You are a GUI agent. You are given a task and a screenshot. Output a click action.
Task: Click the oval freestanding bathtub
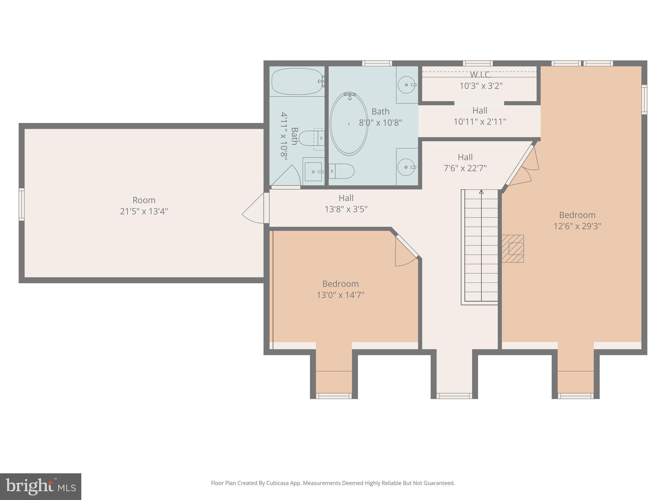click(349, 124)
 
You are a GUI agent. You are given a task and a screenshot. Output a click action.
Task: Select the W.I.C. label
click(481, 75)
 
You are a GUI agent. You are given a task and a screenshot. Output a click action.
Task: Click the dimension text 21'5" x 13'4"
click(144, 212)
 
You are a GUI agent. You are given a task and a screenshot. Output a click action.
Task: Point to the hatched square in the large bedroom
click(513, 249)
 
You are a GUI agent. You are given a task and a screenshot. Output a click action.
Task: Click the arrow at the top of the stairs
click(481, 192)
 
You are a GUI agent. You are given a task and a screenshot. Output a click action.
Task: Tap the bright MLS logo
click(40, 486)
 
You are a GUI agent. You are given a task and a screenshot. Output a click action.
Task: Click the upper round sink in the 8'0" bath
click(406, 85)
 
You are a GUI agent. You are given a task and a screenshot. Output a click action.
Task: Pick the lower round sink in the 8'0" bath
click(406, 167)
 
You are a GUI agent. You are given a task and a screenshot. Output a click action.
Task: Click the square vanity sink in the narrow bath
click(313, 172)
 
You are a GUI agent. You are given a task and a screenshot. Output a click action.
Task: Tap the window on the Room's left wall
click(21, 204)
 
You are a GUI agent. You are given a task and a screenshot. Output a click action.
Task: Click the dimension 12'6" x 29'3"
click(577, 226)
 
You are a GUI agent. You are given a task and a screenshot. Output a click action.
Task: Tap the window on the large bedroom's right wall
click(644, 99)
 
